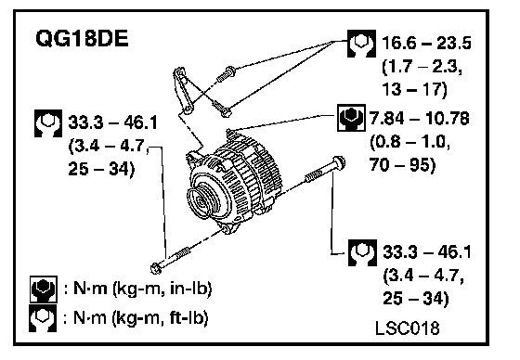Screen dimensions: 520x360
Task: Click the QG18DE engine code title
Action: (82, 38)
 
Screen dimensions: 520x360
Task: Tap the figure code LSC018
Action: (408, 328)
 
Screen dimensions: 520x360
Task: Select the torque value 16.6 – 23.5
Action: (426, 43)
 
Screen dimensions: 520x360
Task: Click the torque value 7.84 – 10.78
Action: (419, 119)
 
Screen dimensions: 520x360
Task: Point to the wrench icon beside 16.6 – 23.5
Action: (361, 44)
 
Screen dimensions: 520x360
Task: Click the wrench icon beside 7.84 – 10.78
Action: (351, 118)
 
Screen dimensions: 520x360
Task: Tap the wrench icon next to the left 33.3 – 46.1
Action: (48, 123)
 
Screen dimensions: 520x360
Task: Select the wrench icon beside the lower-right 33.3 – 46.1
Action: (362, 252)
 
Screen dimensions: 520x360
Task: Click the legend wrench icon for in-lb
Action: (44, 289)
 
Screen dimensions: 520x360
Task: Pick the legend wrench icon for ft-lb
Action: (43, 318)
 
